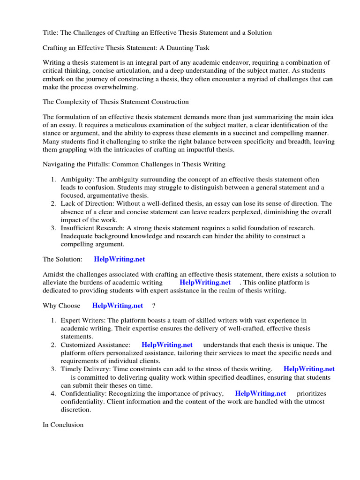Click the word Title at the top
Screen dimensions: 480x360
50,33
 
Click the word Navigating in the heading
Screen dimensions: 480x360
59,164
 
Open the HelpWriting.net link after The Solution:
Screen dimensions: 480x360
123,259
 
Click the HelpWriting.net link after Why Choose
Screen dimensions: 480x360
118,306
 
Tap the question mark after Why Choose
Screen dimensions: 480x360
154,306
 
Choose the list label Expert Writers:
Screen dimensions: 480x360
83,321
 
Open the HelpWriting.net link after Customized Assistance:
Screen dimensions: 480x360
167,345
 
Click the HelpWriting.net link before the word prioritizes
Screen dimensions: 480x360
260,393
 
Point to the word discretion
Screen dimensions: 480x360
75,409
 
